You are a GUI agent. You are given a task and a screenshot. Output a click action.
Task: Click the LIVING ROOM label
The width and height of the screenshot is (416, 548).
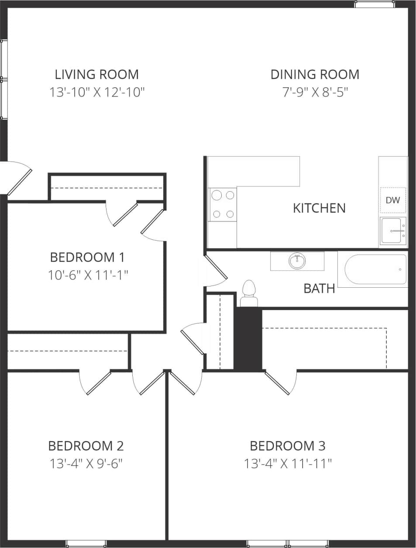coord(96,74)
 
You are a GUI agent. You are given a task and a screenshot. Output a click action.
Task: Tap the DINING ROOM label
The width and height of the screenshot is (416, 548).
coord(315,74)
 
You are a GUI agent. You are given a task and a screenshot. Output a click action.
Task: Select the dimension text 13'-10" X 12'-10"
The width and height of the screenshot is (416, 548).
coord(96,92)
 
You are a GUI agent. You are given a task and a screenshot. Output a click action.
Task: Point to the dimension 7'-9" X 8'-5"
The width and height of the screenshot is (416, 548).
coord(315,92)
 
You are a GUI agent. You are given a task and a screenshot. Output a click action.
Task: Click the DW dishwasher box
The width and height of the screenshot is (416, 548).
coord(393,200)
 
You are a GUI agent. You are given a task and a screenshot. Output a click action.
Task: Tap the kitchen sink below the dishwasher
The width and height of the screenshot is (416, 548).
coord(393,231)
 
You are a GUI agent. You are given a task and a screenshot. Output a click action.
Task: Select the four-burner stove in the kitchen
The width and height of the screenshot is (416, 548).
coord(223,204)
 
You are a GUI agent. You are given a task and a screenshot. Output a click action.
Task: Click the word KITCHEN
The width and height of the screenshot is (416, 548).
coord(319,208)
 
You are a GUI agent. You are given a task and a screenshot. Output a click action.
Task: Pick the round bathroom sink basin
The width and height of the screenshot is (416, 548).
coord(297,261)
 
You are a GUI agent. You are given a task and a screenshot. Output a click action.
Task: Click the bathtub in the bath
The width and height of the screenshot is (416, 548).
coord(375,269)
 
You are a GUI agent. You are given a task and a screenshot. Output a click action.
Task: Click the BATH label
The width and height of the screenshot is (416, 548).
coord(319,288)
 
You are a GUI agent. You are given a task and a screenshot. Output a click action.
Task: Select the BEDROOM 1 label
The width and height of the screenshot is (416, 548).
coord(87,257)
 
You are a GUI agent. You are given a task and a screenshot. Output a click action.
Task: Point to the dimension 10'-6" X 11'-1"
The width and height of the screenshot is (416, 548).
coord(87,275)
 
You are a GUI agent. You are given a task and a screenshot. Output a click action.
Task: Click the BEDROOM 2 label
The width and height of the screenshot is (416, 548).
coord(86,446)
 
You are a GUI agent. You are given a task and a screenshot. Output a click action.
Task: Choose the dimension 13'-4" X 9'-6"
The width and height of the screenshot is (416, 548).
coord(86,463)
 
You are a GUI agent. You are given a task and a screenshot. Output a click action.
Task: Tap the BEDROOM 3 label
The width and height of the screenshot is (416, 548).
coord(288,446)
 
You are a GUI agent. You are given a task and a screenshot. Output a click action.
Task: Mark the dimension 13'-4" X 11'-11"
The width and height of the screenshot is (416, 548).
coord(288,463)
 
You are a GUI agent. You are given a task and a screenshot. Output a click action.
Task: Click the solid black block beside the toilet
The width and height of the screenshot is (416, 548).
coord(248,339)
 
